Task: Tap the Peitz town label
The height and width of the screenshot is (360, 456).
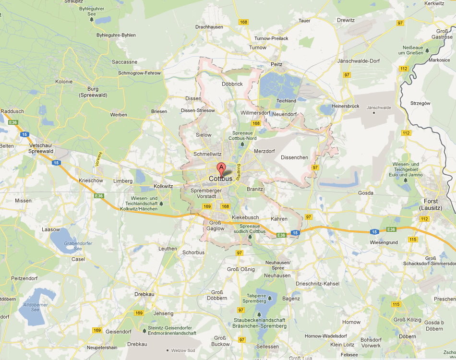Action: pyautogui.click(x=276, y=64)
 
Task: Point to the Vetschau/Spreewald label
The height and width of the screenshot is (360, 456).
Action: pyautogui.click(x=41, y=148)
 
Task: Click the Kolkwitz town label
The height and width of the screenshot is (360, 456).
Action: pyautogui.click(x=163, y=185)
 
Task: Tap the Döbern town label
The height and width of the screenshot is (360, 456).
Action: pyautogui.click(x=407, y=336)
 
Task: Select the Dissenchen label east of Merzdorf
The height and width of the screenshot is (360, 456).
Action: pyautogui.click(x=294, y=157)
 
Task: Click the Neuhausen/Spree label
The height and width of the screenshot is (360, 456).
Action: pyautogui.click(x=277, y=265)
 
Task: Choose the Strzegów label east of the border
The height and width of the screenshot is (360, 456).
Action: pyautogui.click(x=420, y=103)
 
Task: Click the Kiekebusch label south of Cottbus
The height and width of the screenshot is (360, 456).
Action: pyautogui.click(x=245, y=217)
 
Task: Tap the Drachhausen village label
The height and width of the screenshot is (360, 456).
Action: pyautogui.click(x=209, y=27)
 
